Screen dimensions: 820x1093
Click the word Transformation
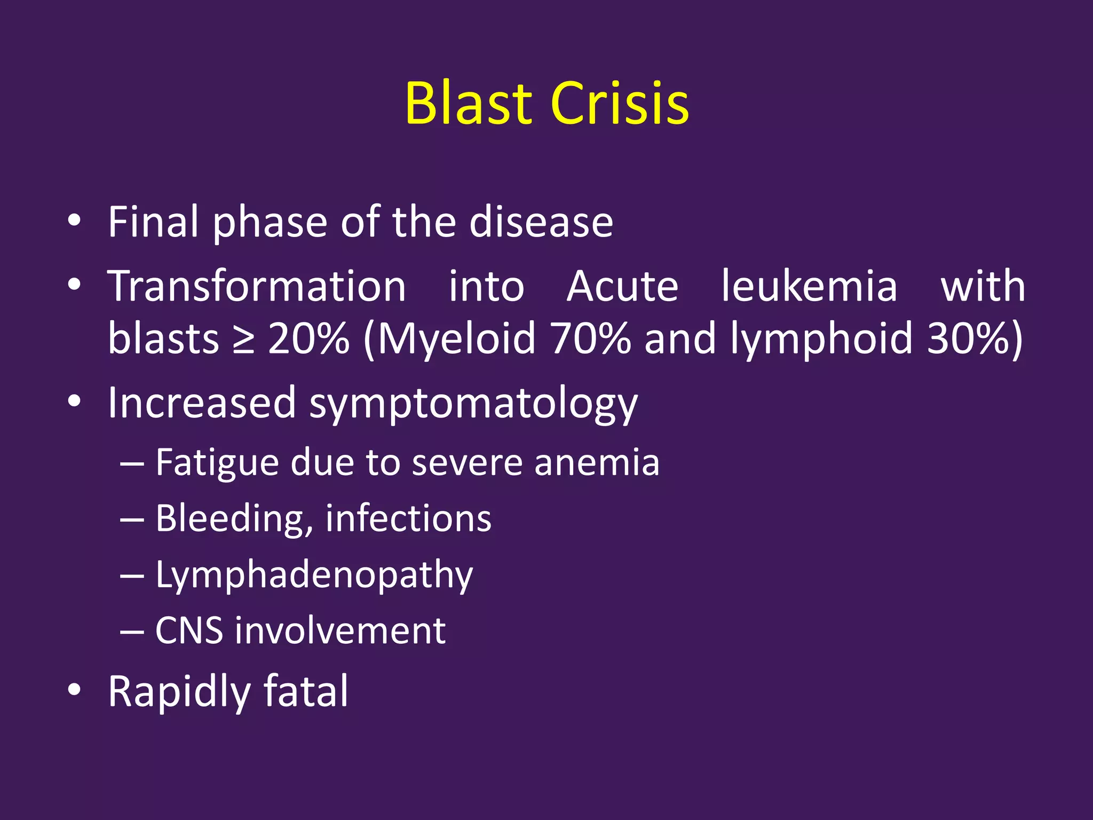[x=257, y=287]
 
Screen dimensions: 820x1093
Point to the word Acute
[x=622, y=287]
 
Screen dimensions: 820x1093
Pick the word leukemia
[x=809, y=287]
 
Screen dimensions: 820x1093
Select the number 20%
[x=308, y=338]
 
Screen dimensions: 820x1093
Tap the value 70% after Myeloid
[x=590, y=338]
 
